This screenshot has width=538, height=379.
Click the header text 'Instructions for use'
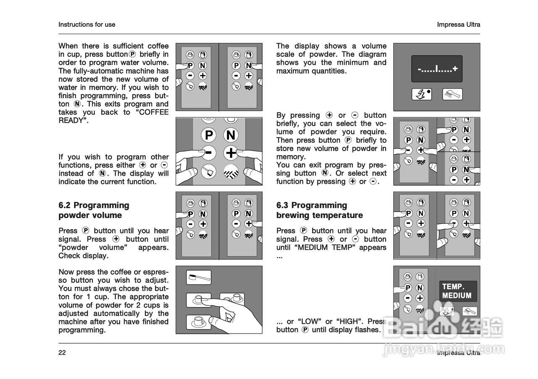[87, 24]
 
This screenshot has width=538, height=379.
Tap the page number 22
[62, 352]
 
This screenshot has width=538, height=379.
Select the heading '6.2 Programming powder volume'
[94, 210]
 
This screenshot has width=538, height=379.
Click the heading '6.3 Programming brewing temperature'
[319, 210]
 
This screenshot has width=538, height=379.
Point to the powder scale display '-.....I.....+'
[437, 69]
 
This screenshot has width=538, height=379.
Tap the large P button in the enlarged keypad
[208, 135]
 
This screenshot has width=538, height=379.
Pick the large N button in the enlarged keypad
[231, 135]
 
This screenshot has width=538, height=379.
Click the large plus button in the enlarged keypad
[231, 152]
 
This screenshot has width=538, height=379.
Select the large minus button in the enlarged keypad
[208, 152]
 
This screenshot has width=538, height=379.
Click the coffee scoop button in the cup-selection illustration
[198, 278]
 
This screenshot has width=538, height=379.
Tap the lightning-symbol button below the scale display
[422, 94]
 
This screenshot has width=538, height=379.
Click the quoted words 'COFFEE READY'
[113, 117]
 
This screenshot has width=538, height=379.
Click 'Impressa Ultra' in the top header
[459, 24]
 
